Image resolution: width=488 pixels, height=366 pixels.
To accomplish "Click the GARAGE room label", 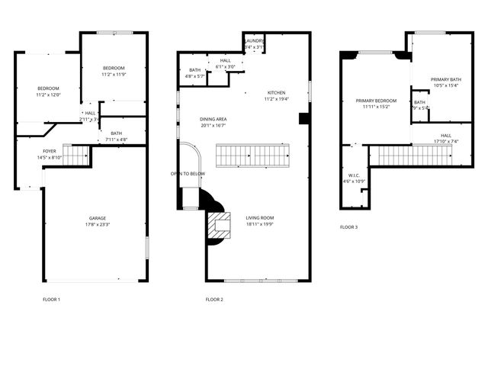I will [96, 218].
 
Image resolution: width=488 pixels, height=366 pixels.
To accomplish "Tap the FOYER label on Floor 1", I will [49, 151].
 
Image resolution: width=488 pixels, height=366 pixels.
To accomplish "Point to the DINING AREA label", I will [213, 119].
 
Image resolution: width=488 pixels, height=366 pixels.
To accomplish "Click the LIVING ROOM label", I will [259, 217].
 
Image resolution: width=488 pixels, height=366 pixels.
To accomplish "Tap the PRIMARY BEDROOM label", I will [376, 101].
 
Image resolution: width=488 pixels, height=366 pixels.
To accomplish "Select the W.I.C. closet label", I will [352, 175].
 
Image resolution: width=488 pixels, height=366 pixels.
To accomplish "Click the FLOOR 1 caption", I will [51, 299].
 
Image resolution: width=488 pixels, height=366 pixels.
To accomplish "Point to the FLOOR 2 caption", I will [214, 299].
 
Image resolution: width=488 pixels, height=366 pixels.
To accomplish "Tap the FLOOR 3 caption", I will [348, 227].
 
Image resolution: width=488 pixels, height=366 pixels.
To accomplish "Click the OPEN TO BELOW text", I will [187, 174].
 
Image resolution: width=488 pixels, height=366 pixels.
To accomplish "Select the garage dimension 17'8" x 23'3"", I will [96, 225].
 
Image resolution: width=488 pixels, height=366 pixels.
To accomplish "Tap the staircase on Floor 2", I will [255, 156].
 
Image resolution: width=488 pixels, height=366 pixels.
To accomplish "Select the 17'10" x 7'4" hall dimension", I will [446, 141].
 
